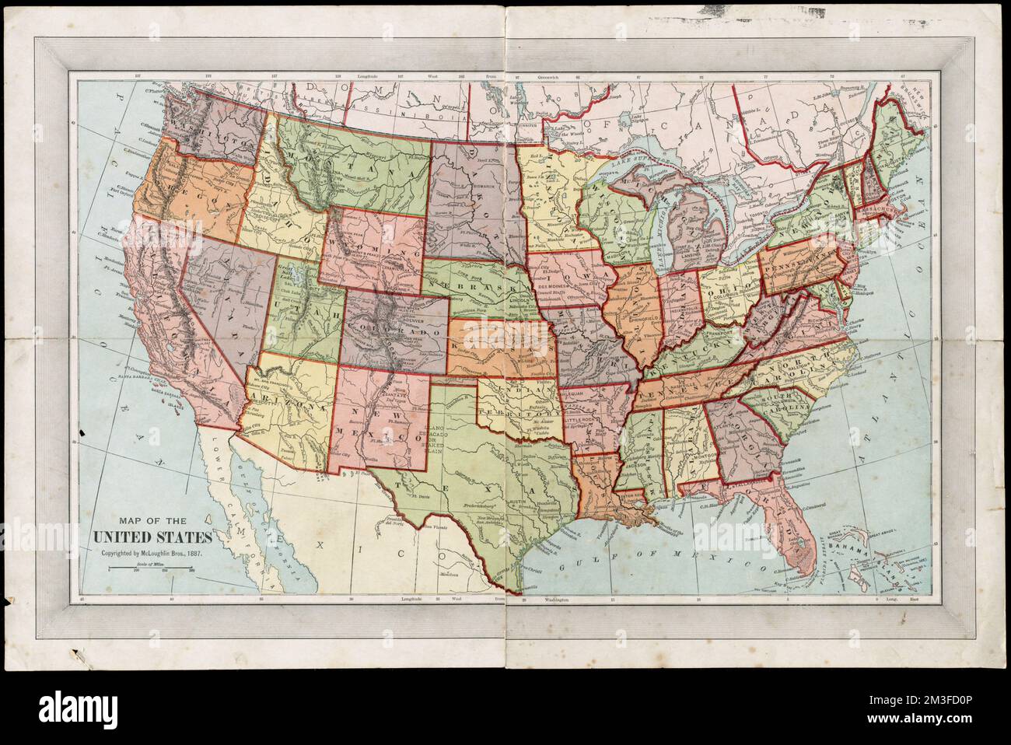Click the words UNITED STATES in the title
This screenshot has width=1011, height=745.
152,537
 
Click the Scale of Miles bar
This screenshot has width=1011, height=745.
152,569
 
